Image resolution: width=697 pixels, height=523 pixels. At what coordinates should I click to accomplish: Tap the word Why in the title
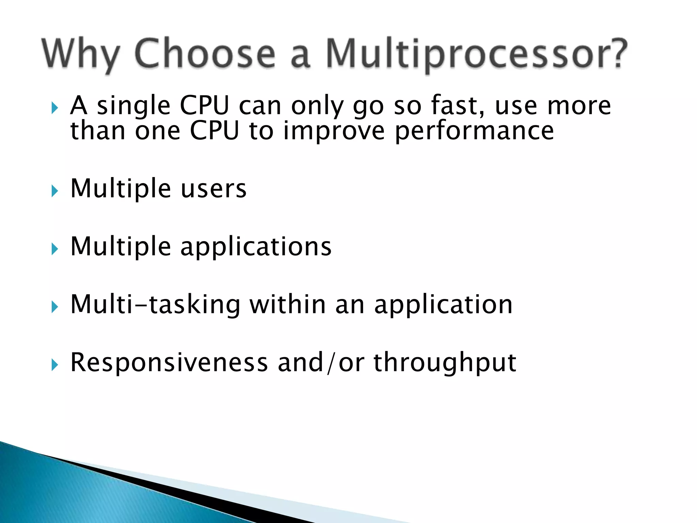(x=81, y=54)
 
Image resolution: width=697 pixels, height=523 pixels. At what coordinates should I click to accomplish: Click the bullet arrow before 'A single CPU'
(x=54, y=108)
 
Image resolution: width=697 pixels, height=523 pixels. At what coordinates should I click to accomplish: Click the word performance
(x=474, y=131)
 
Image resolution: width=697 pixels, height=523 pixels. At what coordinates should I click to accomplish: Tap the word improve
(x=334, y=131)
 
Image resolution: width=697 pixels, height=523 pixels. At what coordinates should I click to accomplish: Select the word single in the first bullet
(x=133, y=106)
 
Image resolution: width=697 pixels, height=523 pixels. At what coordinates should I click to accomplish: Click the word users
(x=213, y=189)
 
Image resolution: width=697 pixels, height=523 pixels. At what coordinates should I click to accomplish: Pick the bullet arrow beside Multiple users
(x=54, y=191)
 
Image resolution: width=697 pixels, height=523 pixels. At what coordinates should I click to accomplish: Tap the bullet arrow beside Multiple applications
(x=54, y=249)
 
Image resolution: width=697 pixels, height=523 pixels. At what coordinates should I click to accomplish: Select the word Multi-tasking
(x=155, y=304)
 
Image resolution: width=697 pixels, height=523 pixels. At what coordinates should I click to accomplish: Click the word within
(x=288, y=304)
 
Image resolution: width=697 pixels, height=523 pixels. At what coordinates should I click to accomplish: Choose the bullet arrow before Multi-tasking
(x=54, y=307)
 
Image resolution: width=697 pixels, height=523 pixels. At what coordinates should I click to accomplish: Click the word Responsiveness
(x=169, y=362)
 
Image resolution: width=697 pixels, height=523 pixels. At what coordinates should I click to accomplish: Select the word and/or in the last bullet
(x=321, y=362)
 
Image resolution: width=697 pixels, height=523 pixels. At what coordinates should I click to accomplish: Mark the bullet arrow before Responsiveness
(x=54, y=365)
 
